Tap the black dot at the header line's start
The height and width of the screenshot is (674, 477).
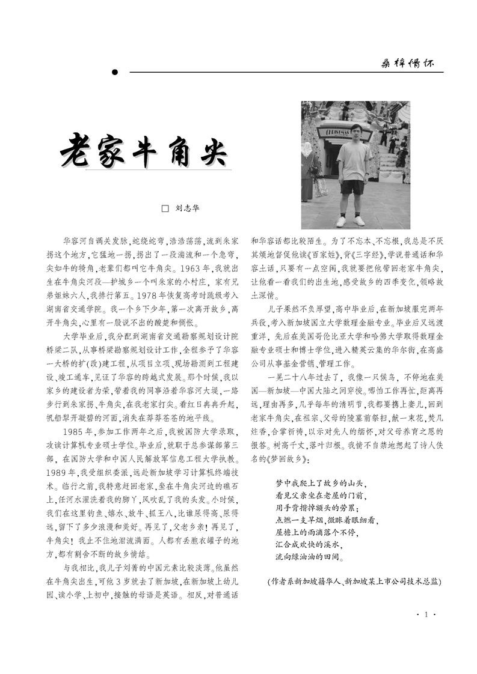pos(114,73)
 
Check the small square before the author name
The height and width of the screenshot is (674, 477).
pos(165,208)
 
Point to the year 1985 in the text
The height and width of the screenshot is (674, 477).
pos(76,431)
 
